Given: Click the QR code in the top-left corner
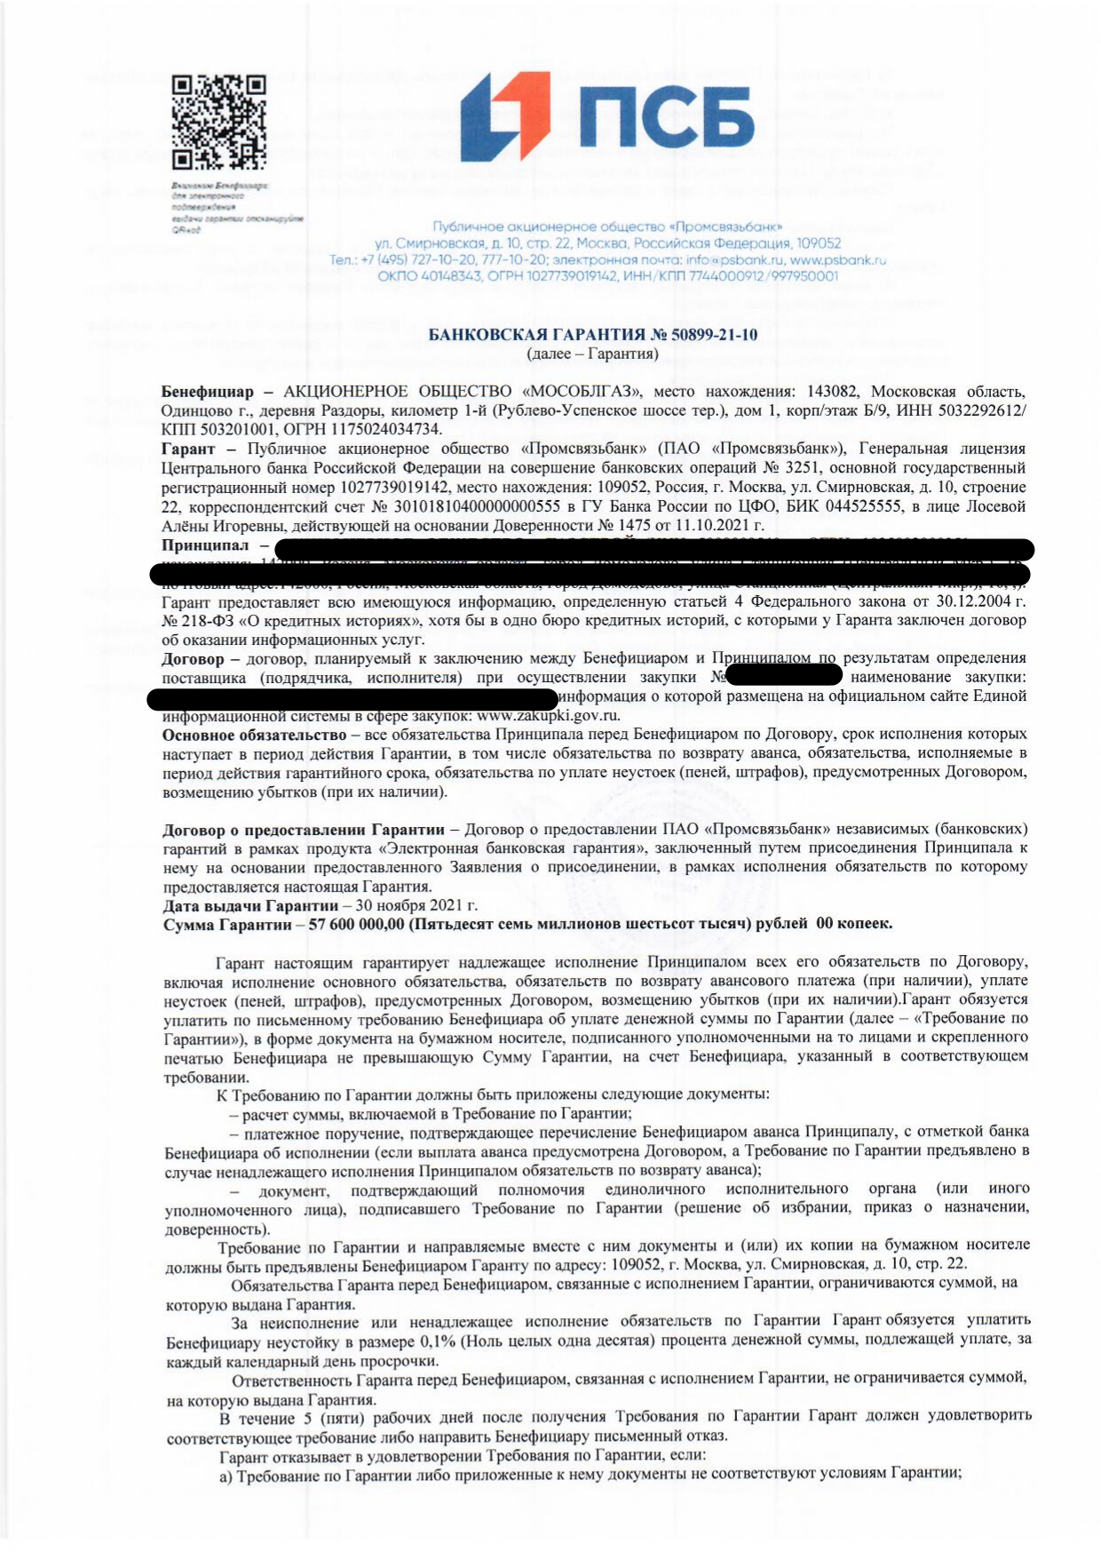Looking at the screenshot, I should [x=218, y=123].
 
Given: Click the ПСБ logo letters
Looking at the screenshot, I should [x=667, y=117].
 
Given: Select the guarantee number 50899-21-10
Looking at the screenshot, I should [x=714, y=335].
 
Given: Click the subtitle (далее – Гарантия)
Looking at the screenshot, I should [x=592, y=354].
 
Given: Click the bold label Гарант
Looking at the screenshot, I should [x=187, y=449].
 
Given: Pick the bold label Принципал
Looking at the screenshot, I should [x=205, y=545].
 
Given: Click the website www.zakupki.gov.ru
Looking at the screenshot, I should [x=548, y=716].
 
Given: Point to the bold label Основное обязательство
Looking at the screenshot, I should [x=254, y=736].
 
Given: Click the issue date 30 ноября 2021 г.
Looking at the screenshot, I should [x=416, y=906].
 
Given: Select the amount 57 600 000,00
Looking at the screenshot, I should [x=355, y=925].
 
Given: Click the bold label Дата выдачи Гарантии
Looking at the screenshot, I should [x=250, y=906].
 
